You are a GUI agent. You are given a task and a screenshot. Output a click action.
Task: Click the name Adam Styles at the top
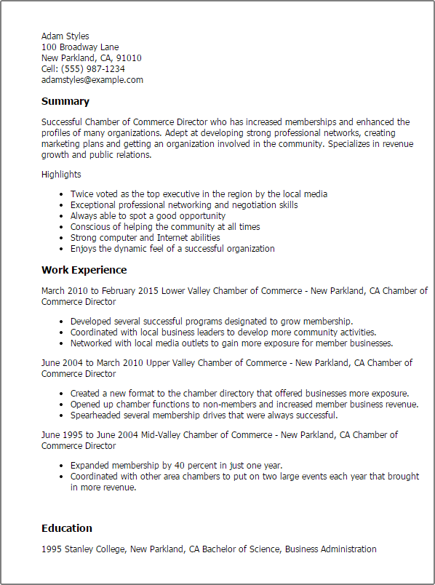[65, 36]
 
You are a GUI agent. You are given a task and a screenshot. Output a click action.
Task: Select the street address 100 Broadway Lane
[80, 47]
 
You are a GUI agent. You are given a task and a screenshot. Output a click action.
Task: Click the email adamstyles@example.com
[92, 80]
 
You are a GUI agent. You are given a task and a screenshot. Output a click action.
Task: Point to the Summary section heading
[65, 102]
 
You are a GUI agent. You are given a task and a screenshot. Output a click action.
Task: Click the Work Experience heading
[83, 270]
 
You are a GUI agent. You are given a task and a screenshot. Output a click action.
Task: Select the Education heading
[67, 528]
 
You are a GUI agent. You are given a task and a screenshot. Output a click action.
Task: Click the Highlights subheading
[61, 175]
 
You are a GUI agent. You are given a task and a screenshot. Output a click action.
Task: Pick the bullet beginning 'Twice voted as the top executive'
[199, 194]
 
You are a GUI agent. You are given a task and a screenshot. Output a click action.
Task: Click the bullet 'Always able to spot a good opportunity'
[148, 216]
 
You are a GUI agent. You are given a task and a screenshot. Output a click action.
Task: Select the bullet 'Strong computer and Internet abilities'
[145, 238]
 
